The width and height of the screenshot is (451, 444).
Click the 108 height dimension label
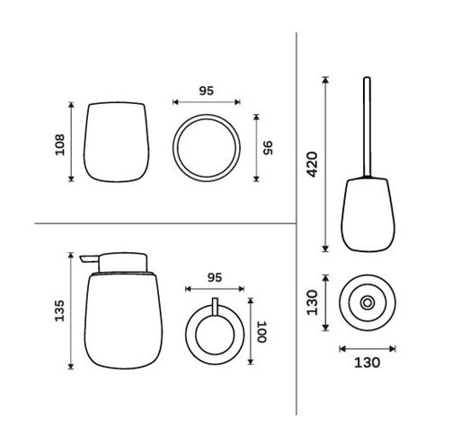point(60,144)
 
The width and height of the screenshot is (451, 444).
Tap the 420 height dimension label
point(313,164)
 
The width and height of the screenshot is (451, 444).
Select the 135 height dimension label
point(59,310)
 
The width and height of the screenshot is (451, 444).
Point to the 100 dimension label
point(261,332)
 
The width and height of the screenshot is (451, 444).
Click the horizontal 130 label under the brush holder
point(367,362)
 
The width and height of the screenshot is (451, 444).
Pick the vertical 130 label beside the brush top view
point(313,302)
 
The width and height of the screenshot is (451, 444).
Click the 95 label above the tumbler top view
point(207,91)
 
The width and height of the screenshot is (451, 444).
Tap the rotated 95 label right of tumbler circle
point(268,148)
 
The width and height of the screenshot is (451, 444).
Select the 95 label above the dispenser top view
point(215,278)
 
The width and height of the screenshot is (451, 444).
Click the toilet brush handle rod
point(367,127)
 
